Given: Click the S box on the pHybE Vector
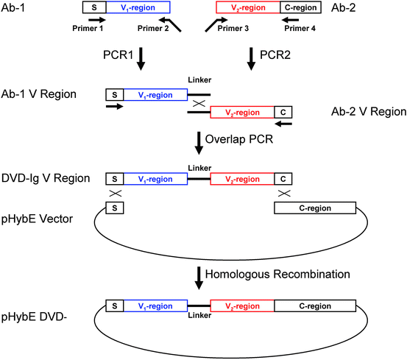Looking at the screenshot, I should point(115,208).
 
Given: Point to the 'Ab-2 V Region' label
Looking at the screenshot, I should point(367,112).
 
